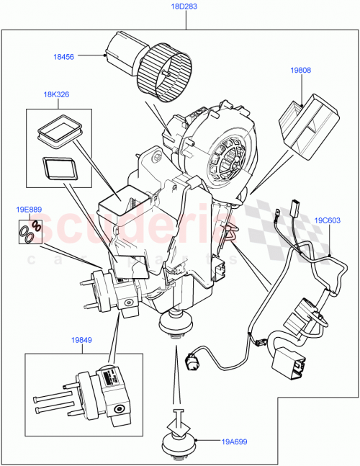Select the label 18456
tap(63, 55)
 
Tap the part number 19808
tap(301, 71)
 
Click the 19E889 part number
tap(29, 210)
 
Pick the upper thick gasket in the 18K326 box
tap(59, 130)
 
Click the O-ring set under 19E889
tap(30, 232)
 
